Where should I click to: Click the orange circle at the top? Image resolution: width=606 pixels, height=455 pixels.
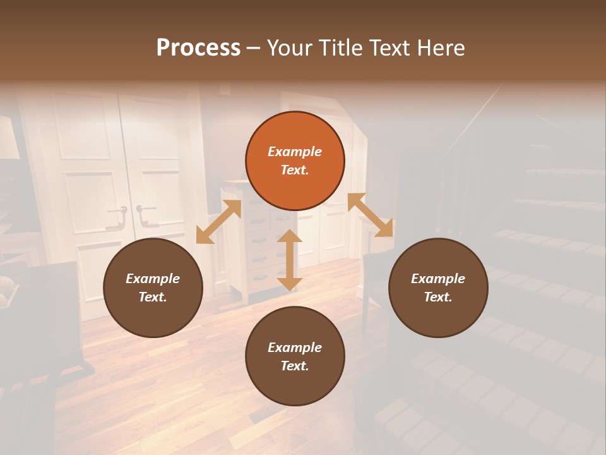(295, 161)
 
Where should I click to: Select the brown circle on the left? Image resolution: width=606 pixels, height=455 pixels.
(153, 288)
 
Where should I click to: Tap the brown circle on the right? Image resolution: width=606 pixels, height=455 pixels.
(438, 288)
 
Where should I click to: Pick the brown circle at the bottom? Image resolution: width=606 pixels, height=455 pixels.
(295, 356)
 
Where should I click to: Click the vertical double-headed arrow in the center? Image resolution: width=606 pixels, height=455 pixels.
(290, 260)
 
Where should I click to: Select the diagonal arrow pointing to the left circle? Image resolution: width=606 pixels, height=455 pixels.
(218, 222)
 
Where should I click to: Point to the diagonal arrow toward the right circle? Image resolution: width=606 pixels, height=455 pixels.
(370, 215)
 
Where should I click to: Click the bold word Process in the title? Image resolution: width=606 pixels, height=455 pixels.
(198, 47)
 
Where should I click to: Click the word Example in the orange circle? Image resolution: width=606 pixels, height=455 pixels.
(295, 152)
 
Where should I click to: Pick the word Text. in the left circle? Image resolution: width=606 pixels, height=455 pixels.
(153, 297)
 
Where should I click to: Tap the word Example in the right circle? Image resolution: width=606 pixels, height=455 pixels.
(438, 279)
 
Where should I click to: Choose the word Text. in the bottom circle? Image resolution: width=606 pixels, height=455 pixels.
(295, 366)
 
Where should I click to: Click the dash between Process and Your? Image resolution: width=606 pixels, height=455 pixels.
(254, 48)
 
